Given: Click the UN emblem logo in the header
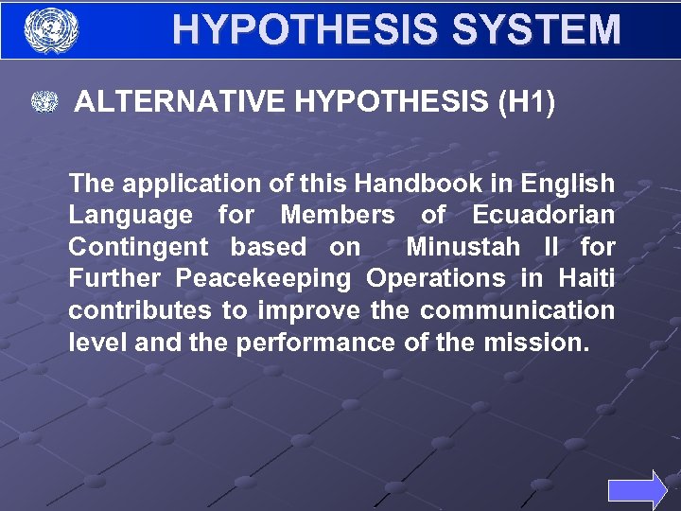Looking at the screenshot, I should click(50, 30).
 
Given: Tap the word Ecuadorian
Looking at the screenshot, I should click(543, 215).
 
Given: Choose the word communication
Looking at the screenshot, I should click(517, 310).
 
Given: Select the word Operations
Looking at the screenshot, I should click(436, 279).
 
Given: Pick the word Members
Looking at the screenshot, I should click(338, 215).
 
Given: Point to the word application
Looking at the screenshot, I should click(177, 184).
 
